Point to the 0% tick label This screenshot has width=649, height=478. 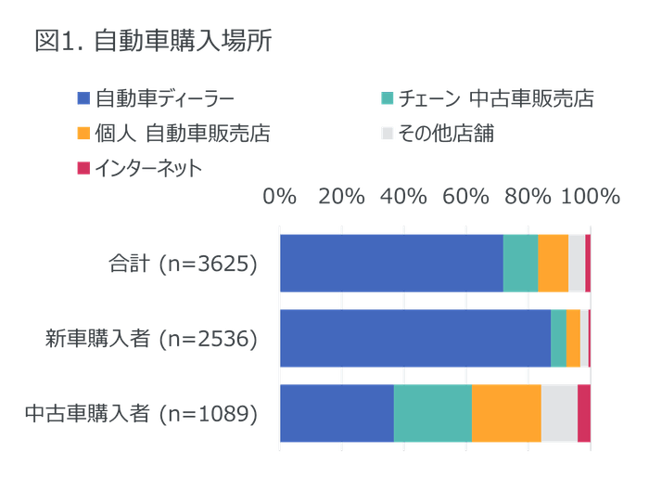coord(280,196)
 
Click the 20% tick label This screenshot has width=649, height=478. coord(341,196)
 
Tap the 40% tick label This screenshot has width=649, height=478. coord(402,196)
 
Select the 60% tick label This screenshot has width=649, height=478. coord(464,196)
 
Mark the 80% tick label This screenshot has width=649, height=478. coord(525,196)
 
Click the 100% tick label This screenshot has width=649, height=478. coord(590,196)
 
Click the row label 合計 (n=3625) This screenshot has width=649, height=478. coord(181,263)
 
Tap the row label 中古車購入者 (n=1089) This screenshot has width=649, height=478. coord(139,413)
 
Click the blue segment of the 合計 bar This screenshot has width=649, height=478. coord(391,263)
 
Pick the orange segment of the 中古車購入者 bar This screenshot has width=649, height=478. coord(506,413)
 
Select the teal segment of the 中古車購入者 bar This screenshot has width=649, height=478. coord(433,413)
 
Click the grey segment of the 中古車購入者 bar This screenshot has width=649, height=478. coord(559,413)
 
